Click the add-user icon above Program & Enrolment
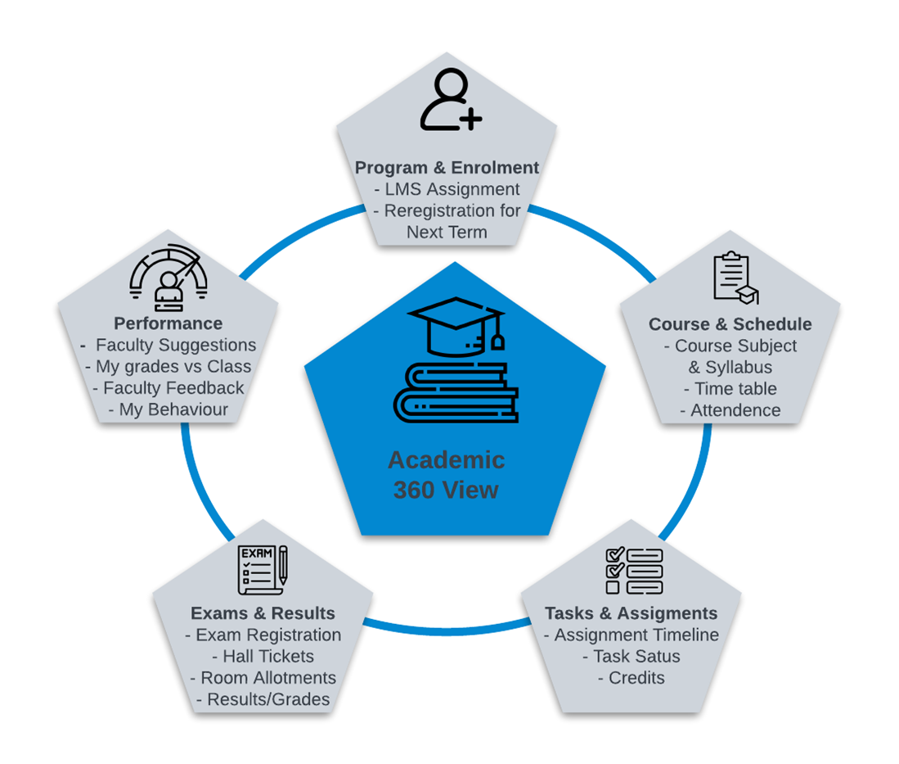tap(450, 102)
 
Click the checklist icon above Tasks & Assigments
tap(633, 570)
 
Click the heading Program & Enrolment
tap(447, 168)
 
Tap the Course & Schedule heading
tap(730, 324)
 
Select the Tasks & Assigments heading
tap(631, 613)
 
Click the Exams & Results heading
tap(263, 613)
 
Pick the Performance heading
tap(168, 323)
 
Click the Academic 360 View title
tap(446, 474)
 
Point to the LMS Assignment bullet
tap(447, 189)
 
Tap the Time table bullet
tap(730, 389)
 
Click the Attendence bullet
tap(730, 410)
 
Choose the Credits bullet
tap(631, 677)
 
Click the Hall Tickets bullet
tap(263, 656)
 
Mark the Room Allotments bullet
tap(263, 677)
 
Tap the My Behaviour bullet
tap(168, 409)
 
